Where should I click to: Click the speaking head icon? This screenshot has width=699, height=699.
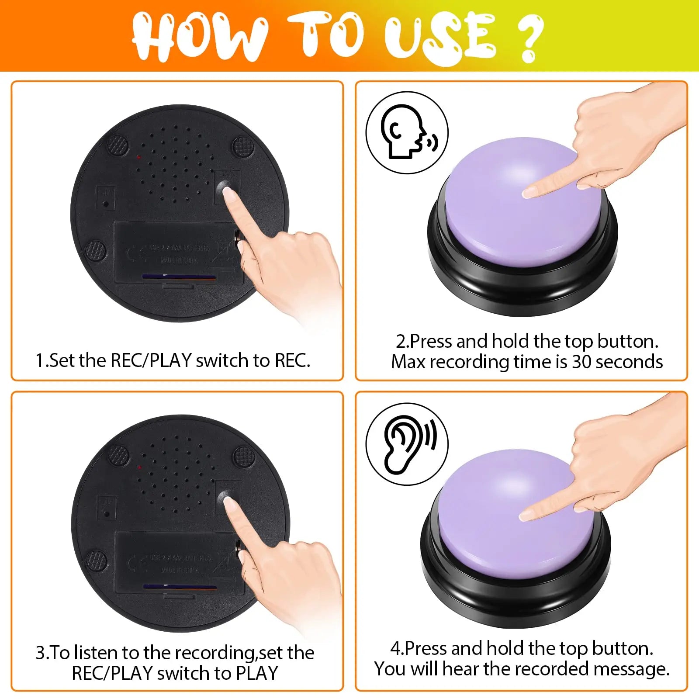coord(406,132)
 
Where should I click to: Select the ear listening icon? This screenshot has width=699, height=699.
coord(407,444)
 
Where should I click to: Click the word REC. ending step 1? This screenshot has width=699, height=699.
coord(292,361)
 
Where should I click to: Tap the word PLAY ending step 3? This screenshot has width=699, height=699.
coord(256,673)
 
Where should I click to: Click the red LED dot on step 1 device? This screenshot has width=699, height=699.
coord(138,157)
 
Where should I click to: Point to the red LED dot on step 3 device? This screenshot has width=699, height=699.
coord(139,467)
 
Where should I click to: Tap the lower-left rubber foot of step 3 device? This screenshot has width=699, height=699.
coord(95,560)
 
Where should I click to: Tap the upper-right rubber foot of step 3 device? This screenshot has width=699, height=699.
coord(243,456)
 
